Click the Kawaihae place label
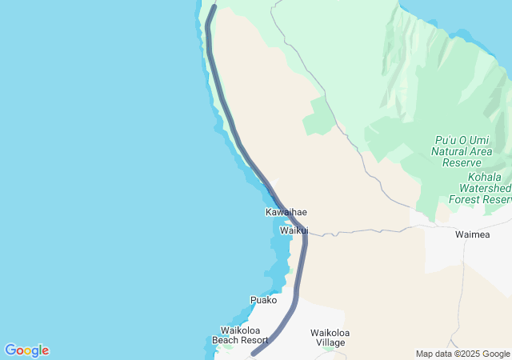(x=286, y=212)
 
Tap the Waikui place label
(x=294, y=230)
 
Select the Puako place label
(x=263, y=300)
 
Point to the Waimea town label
(x=471, y=234)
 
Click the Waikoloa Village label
(x=330, y=337)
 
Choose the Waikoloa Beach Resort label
(x=240, y=334)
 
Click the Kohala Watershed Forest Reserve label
(x=481, y=187)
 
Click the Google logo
(x=26, y=350)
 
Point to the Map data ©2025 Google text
(x=462, y=354)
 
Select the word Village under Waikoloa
(x=330, y=342)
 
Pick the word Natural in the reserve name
(x=450, y=150)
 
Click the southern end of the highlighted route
(x=254, y=353)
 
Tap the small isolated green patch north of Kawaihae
(x=318, y=117)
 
